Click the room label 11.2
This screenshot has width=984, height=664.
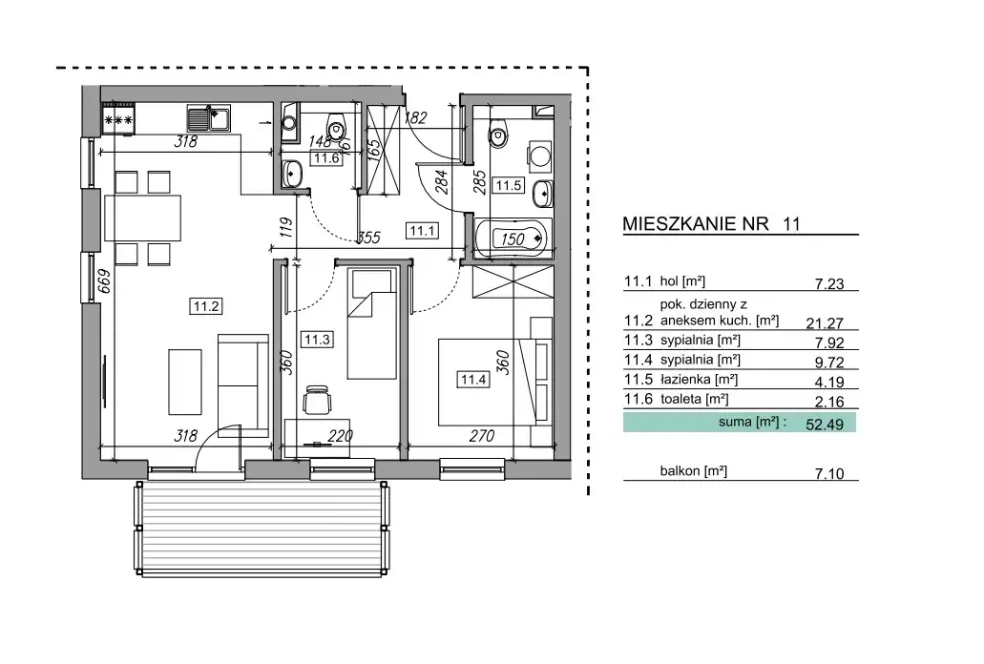(206, 306)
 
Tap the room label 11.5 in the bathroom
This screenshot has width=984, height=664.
(509, 185)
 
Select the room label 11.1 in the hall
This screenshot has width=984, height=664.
(422, 231)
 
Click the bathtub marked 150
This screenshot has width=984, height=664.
(513, 239)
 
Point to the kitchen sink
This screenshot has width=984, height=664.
(208, 118)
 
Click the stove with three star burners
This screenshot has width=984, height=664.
(118, 118)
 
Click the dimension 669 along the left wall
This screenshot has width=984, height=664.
(105, 280)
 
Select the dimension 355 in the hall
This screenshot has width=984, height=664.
(368, 238)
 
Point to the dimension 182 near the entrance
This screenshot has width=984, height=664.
(415, 117)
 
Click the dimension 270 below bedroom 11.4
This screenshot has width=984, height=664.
(481, 435)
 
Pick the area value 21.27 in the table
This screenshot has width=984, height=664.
(825, 322)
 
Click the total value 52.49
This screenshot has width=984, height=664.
(825, 425)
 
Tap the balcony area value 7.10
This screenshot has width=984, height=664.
(829, 473)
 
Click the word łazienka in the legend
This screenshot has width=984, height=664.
(686, 380)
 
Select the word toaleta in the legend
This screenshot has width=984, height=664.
(680, 399)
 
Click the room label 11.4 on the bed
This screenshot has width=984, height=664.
(473, 380)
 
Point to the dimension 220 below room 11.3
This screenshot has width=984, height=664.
(340, 435)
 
